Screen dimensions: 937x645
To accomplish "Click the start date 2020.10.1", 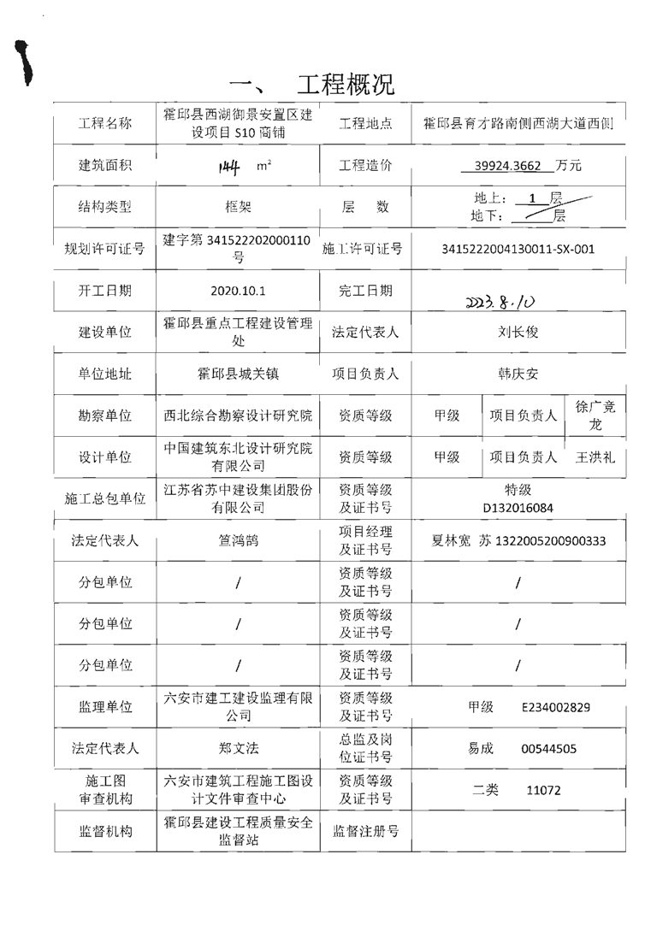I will pyautogui.click(x=238, y=291).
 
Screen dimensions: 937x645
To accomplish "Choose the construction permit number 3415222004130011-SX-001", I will pyautogui.click(x=518, y=250).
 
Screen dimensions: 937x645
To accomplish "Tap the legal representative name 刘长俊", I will pyautogui.click(x=518, y=333).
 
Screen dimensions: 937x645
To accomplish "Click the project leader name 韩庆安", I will pyautogui.click(x=518, y=374).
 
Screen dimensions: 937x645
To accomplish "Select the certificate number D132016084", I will pyautogui.click(x=518, y=507).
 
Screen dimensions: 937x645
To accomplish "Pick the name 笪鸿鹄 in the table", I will pyautogui.click(x=238, y=540).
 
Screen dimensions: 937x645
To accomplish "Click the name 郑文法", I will pyautogui.click(x=238, y=748).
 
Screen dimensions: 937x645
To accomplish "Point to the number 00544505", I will pyautogui.click(x=548, y=749).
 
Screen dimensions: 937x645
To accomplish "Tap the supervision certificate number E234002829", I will pyautogui.click(x=556, y=707).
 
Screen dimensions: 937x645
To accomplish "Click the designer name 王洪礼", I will pyautogui.click(x=595, y=457).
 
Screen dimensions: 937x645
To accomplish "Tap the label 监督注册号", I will pyautogui.click(x=365, y=831).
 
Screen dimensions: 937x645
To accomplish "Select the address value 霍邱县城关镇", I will pyautogui.click(x=238, y=374).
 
